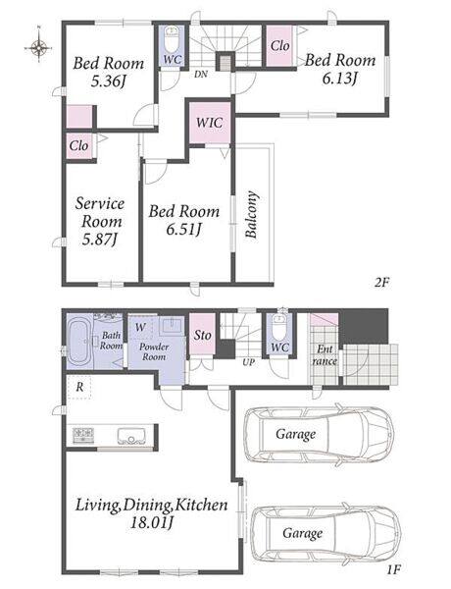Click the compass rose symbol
[x=38, y=47]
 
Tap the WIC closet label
[x=210, y=123]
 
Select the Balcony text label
[x=251, y=214]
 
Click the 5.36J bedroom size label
[x=108, y=80]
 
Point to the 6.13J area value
[x=339, y=78]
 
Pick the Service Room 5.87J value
[x=100, y=240]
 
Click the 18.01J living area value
[x=152, y=522]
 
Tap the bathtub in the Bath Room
[x=78, y=341]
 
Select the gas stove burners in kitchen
[x=83, y=435]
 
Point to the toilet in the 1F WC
[x=279, y=327]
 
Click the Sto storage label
[x=203, y=335]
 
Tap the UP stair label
[x=248, y=362]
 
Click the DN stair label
[x=201, y=75]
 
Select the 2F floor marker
[x=382, y=282]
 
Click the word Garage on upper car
[x=296, y=434]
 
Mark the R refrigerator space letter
[x=79, y=387]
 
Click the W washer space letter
[x=140, y=327]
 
